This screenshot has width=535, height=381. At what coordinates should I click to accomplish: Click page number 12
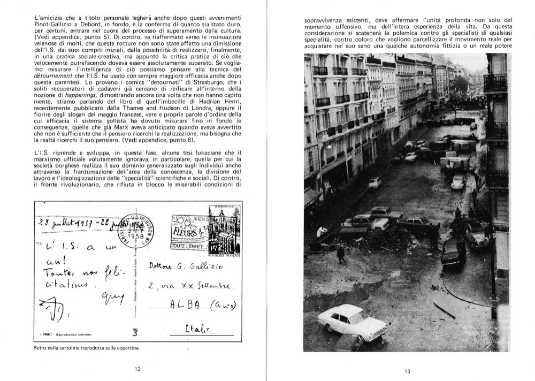click(137, 369)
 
